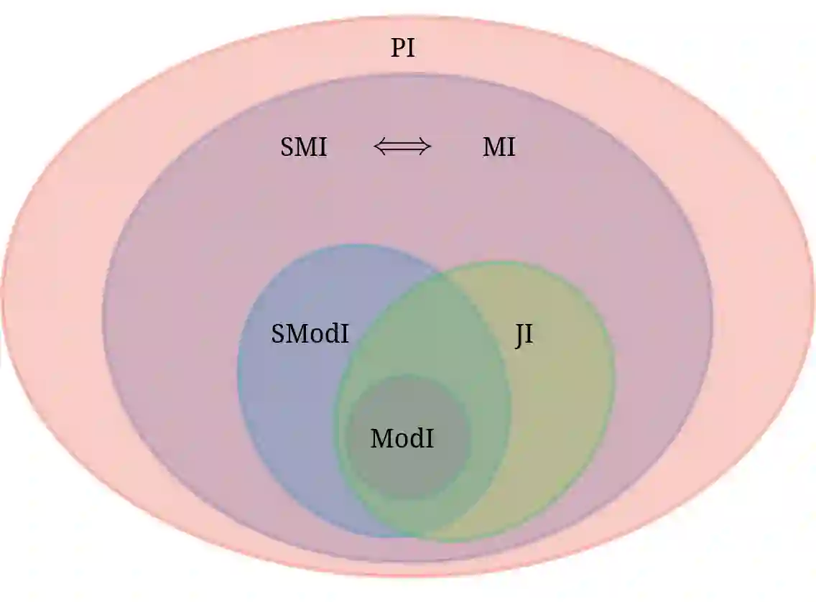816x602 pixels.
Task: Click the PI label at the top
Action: click(402, 49)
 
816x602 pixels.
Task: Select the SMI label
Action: click(304, 148)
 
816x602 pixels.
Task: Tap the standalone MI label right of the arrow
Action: click(499, 148)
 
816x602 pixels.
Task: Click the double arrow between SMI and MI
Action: click(402, 147)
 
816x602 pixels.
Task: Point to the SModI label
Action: click(310, 334)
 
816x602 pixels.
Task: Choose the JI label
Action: click(524, 335)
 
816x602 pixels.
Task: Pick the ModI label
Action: click(402, 438)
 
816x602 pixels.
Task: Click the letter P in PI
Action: click(398, 49)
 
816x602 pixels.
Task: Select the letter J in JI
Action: click(520, 336)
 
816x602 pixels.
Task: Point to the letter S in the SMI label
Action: click(287, 148)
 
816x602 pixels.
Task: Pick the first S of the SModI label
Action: click(278, 334)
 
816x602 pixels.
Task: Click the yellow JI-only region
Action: click(567, 402)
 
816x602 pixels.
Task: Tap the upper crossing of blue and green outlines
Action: click(440, 274)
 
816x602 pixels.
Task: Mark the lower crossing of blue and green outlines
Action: click(417, 535)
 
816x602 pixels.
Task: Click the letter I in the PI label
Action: click(410, 49)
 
